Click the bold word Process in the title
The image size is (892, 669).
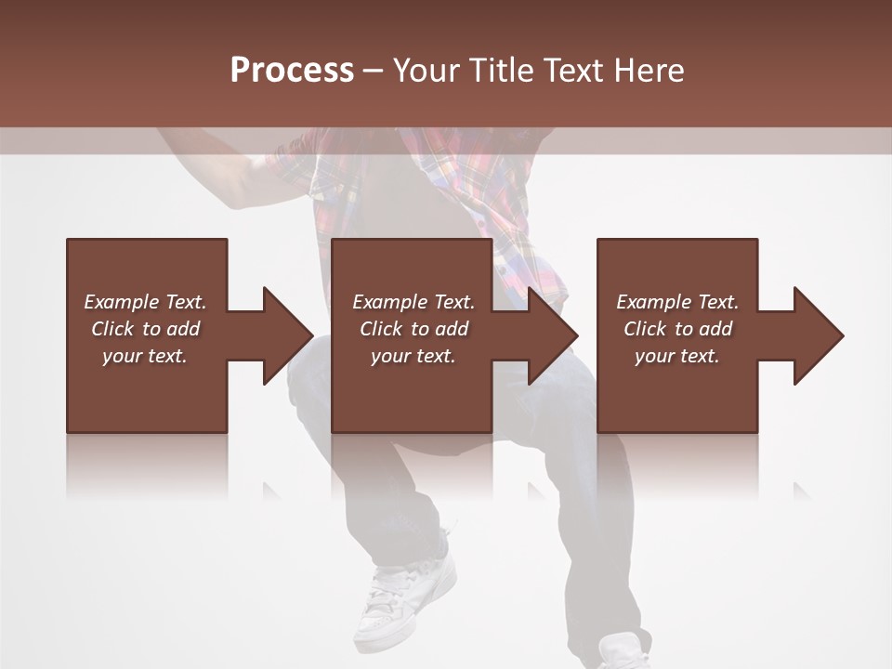tap(292, 71)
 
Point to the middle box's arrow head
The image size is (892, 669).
tap(551, 335)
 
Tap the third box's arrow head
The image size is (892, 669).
tap(817, 335)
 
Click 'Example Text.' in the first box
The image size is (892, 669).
tap(145, 302)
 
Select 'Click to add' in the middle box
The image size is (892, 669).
tap(413, 329)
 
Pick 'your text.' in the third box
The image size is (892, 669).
tap(677, 356)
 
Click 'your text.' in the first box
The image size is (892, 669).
tap(145, 356)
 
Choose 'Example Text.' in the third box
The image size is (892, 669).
tap(677, 302)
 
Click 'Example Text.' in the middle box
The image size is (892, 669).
tap(413, 302)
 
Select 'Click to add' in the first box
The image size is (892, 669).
tap(145, 329)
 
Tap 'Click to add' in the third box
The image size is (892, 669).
tap(677, 329)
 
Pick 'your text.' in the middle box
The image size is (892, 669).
tap(413, 356)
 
